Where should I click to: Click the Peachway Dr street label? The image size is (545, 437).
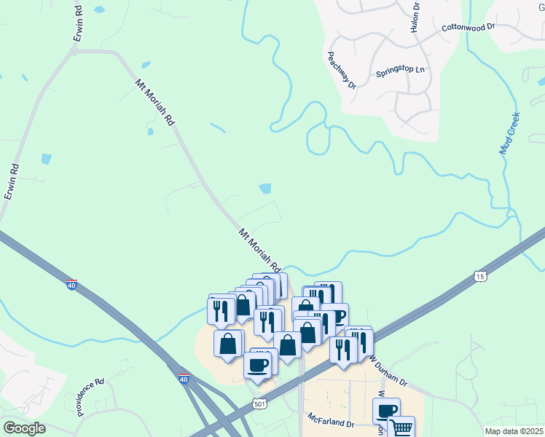341,70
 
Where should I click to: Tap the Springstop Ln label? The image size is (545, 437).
400,71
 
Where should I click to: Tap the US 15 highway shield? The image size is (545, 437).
479,276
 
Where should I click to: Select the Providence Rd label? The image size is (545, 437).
90,396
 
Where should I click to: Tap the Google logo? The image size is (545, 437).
24,428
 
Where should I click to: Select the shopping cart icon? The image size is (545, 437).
401,428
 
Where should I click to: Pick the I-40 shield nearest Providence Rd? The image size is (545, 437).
183,379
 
